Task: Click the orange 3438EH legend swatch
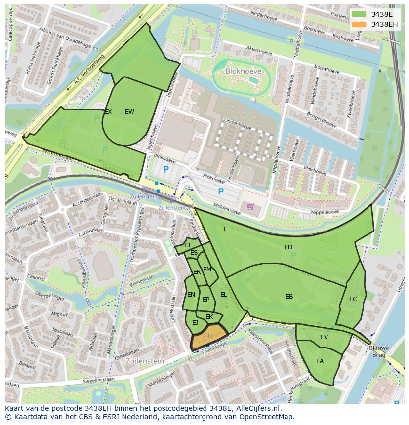[x=359, y=24]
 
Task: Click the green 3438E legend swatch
[x=359, y=14]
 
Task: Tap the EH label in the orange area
[x=208, y=336]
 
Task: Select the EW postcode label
[x=129, y=112]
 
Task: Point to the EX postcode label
[x=108, y=112]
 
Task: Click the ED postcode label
[x=288, y=247]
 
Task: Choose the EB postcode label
[x=289, y=297]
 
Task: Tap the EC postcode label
[x=353, y=299]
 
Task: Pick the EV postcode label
[x=324, y=337]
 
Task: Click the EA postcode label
[x=320, y=361]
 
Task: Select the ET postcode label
[x=188, y=245]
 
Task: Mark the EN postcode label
[x=191, y=295]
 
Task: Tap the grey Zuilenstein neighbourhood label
[x=145, y=361]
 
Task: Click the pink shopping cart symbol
[x=250, y=206]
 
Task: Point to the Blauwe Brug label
[x=379, y=351]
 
